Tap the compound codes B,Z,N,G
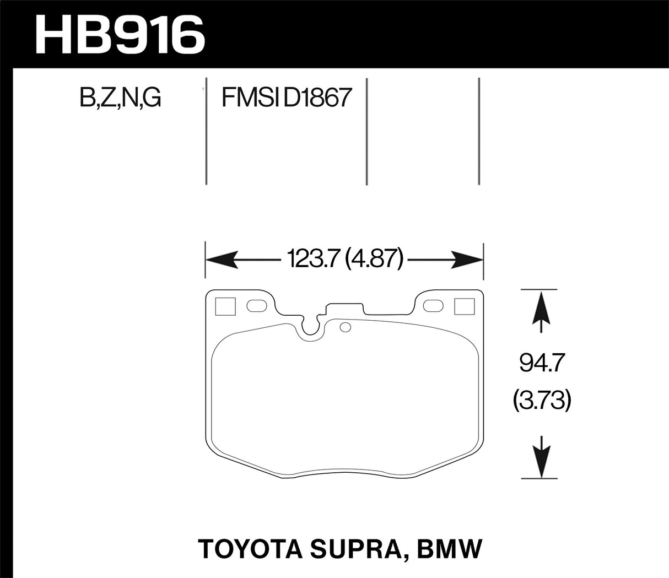coord(120,98)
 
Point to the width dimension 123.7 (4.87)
coord(344,258)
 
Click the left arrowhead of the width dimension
coord(220,259)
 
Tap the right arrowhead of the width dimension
coord(468,259)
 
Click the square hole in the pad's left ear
coord(225,306)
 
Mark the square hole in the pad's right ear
coord(463,306)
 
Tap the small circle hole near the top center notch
coord(346,328)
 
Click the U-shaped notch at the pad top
coord(314,327)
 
